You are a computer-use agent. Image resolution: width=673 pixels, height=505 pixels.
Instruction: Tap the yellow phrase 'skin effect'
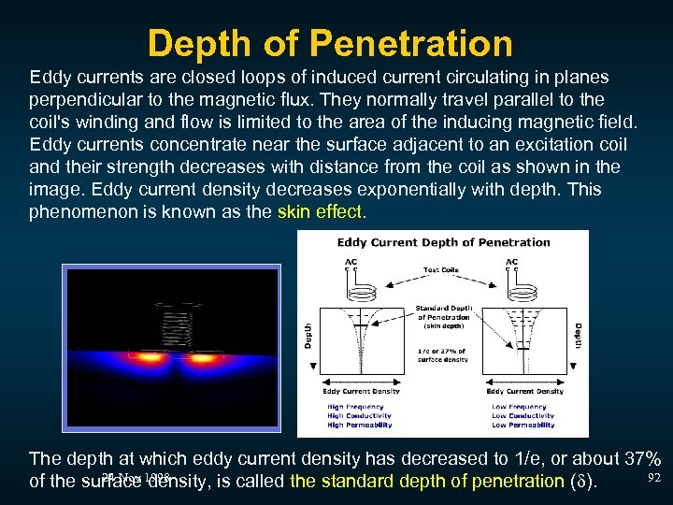point(319,211)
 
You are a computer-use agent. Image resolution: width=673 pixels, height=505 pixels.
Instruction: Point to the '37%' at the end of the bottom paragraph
point(641,459)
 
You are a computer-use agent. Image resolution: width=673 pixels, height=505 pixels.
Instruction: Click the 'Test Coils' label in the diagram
point(443,271)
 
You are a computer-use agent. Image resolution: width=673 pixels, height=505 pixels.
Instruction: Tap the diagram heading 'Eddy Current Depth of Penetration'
point(443,242)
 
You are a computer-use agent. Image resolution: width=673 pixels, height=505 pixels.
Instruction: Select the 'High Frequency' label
point(354,407)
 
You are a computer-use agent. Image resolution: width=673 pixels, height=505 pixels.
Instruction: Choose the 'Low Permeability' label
point(523,425)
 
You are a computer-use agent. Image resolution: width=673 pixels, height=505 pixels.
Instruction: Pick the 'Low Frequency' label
point(519,407)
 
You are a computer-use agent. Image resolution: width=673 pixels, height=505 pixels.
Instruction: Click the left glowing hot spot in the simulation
point(147,357)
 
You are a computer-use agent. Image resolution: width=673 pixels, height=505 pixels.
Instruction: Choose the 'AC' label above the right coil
point(512,261)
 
